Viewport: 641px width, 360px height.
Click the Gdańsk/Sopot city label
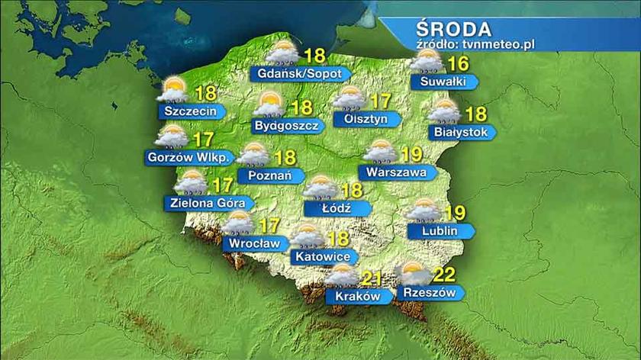coord(299,74)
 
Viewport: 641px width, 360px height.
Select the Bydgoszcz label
coord(284,126)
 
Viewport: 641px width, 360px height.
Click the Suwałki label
coord(440,81)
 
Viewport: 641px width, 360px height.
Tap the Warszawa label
coord(396,173)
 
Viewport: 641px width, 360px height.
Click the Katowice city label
coord(322,258)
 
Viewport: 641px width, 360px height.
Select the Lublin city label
coord(436,230)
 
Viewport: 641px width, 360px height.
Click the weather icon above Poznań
coord(252,154)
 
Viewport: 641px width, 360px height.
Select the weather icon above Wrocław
coord(238,223)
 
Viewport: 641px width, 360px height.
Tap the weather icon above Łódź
coord(320,186)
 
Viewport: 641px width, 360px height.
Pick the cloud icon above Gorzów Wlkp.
coord(172,137)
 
